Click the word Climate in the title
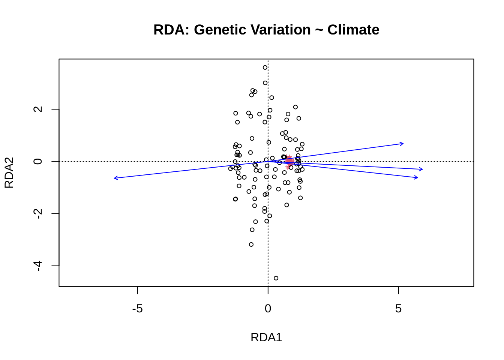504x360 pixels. point(353,30)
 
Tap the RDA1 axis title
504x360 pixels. point(266,337)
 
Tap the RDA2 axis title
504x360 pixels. point(9,172)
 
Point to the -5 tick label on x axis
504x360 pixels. point(138,309)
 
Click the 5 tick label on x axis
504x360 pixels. point(398,309)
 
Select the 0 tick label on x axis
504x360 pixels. point(268,309)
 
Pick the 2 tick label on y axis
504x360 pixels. point(38,109)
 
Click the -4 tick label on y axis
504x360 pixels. point(38,265)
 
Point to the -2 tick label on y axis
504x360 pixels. point(38,213)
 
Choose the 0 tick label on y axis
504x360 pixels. point(38,161)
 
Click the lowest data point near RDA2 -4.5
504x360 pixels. point(276,278)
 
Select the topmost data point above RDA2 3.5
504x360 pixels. point(265,67)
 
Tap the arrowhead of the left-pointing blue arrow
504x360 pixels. point(114,178)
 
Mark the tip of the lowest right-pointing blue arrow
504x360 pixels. point(418,178)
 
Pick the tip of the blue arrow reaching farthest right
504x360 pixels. point(423,169)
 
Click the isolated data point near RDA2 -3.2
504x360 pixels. point(251,244)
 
